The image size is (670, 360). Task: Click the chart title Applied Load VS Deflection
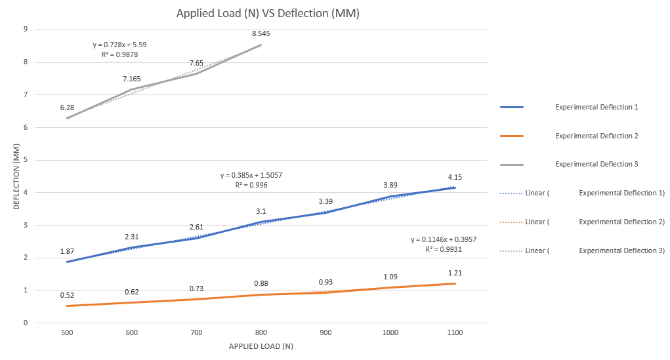click(x=268, y=13)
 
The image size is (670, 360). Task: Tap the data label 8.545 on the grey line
click(x=261, y=33)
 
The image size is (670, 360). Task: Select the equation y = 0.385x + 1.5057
click(x=251, y=176)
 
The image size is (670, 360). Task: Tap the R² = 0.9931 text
click(x=444, y=250)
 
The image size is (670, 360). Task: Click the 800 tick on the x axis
click(x=261, y=333)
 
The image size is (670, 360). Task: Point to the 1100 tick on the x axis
click(x=455, y=333)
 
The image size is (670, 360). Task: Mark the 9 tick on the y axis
click(x=25, y=30)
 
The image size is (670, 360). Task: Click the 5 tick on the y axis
click(x=25, y=160)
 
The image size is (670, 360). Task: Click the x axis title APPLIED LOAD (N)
click(x=261, y=346)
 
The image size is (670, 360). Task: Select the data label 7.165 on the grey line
click(x=131, y=79)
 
